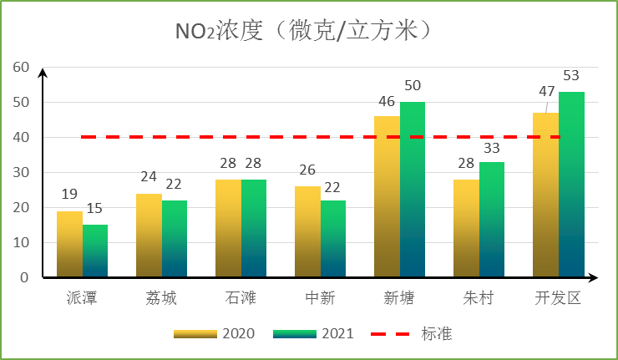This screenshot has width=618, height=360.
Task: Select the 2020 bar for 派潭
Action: click(69, 244)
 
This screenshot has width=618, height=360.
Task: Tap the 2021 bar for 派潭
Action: click(95, 251)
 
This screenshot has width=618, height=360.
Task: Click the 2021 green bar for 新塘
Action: click(413, 190)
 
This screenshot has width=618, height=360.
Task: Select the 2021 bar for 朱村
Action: click(492, 220)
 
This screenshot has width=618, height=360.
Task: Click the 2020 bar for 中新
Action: click(307, 231)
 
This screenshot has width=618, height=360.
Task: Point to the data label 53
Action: click(571, 76)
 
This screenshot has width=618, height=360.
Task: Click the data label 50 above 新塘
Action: click(413, 86)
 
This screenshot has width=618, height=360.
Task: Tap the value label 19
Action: click(69, 195)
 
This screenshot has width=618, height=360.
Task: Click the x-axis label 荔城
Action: click(161, 297)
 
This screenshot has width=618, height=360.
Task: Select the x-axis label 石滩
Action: click(241, 297)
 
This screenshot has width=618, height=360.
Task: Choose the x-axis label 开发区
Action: click(558, 297)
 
